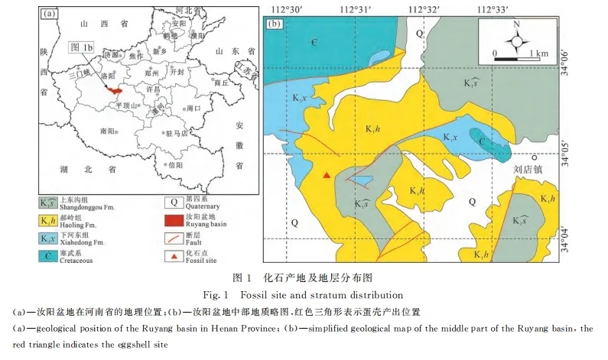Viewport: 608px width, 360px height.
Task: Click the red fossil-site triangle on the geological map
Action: (x=327, y=176)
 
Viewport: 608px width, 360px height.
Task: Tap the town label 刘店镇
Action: (x=528, y=169)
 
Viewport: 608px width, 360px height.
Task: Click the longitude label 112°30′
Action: (x=288, y=8)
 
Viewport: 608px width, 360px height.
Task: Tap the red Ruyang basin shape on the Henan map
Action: (x=115, y=89)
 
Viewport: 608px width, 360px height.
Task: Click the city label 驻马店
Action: (x=177, y=133)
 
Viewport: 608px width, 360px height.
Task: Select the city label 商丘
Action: (x=222, y=83)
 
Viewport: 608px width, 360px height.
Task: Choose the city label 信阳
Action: (x=176, y=164)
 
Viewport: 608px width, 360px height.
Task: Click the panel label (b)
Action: (x=276, y=22)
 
